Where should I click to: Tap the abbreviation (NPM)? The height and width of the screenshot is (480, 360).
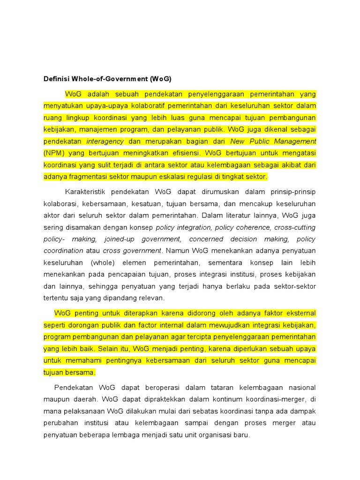pos(55,153)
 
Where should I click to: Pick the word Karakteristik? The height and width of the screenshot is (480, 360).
pos(87,192)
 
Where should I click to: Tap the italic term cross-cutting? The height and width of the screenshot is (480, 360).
pos(295,227)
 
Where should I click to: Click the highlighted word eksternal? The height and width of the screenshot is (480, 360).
pos(298,313)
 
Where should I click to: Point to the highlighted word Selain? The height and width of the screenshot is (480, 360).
pos(110,348)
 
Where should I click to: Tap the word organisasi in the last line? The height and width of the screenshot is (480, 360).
pos(215,435)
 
